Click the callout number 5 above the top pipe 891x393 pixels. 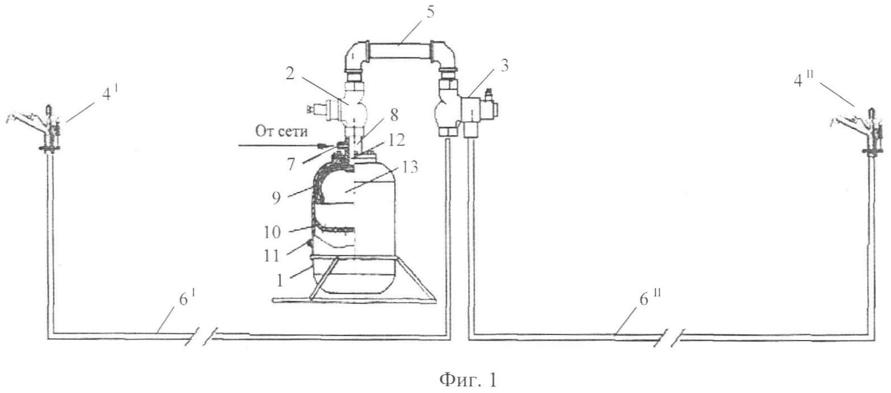coord(430,13)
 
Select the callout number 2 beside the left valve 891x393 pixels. coord(290,73)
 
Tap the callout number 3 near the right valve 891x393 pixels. coord(504,65)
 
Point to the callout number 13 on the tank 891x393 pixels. coord(409,167)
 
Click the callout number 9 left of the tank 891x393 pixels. coord(277,198)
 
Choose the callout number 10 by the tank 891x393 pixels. coord(272,232)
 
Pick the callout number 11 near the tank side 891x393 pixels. coord(272,256)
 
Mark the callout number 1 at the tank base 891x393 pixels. coord(280,281)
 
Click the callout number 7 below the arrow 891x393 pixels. coord(291,164)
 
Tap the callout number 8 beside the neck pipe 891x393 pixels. coord(394,115)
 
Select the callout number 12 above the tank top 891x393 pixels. coord(396,140)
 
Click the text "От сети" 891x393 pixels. coord(281,131)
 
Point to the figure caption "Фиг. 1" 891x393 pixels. coord(468,380)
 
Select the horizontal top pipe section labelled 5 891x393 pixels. coord(400,51)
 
